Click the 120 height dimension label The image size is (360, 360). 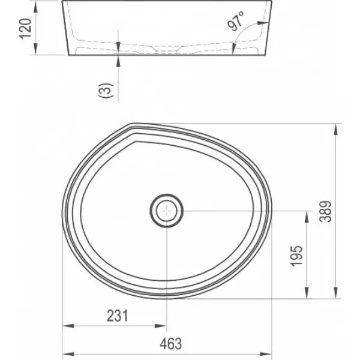coord(25,28)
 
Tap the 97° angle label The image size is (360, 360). coord(236,21)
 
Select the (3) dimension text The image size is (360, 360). coord(106,90)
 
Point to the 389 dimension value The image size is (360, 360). coord(326,211)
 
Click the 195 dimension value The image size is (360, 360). coord(296,256)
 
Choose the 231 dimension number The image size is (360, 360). coord(118,316)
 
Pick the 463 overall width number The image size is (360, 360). coord(170,343)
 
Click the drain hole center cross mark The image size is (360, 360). coord(167,211)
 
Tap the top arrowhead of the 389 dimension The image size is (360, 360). coord(335,129)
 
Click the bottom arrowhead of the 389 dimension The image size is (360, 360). coord(335,293)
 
